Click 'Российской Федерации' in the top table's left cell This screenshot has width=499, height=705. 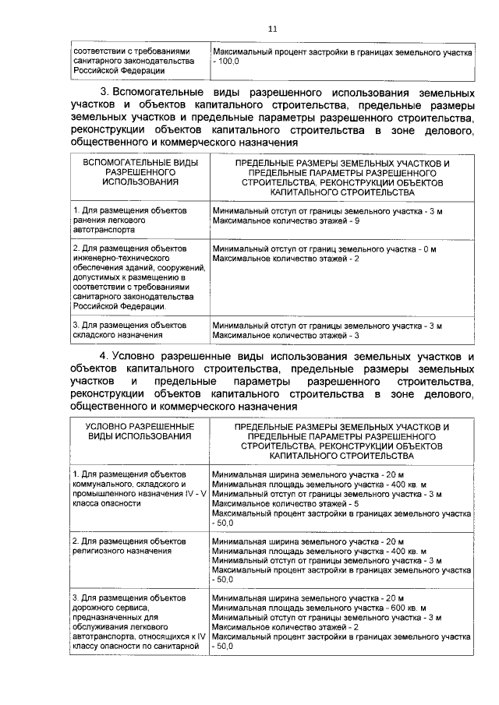[108, 70]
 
